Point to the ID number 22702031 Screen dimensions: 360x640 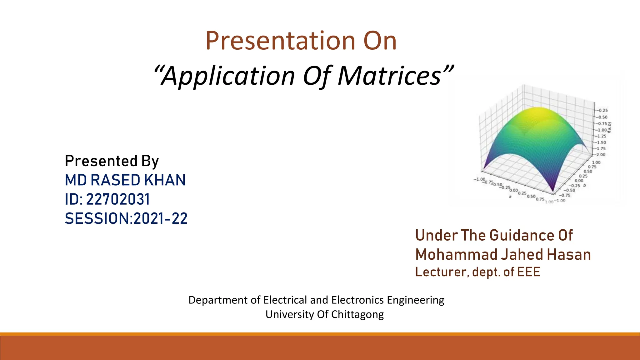(x=118, y=199)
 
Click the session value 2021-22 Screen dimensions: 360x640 (x=160, y=218)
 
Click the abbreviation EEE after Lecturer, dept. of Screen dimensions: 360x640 (x=529, y=272)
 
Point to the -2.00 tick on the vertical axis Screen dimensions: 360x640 (x=600, y=155)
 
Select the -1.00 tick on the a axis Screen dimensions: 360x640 (x=479, y=179)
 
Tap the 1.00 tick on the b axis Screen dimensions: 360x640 (x=596, y=162)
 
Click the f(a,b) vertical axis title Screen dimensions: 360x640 (x=610, y=127)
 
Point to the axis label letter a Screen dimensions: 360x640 (x=510, y=197)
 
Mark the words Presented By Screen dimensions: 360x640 (x=112, y=161)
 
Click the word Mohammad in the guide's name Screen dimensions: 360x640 (x=456, y=255)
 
